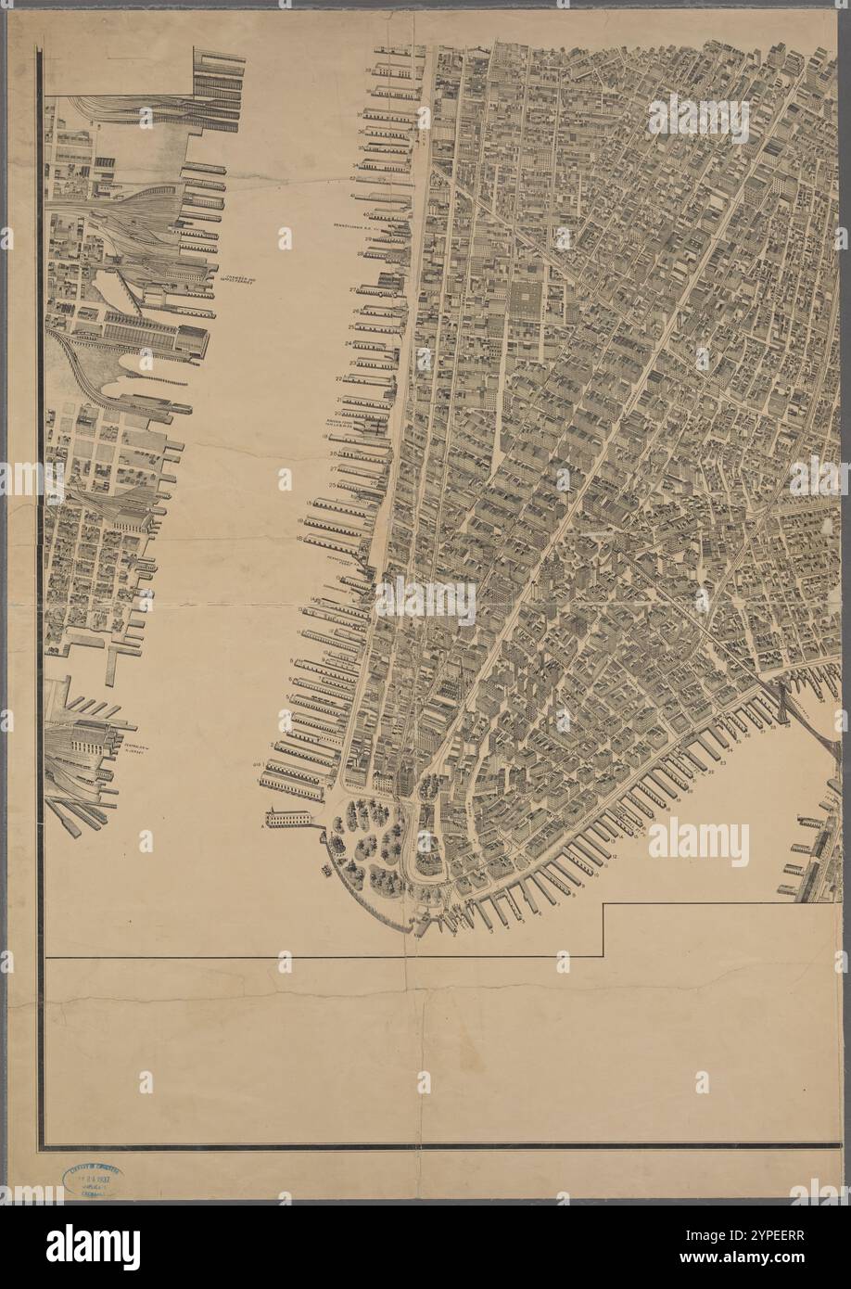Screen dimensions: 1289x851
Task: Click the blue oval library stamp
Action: tap(93, 1180)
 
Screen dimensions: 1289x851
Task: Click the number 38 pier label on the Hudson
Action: tap(368, 70)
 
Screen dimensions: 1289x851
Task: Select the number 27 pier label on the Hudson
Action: tap(352, 290)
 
